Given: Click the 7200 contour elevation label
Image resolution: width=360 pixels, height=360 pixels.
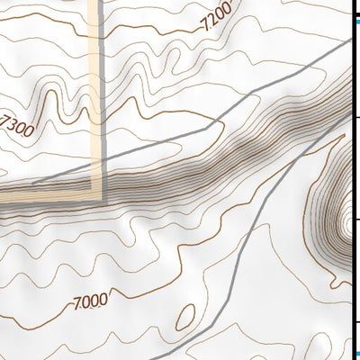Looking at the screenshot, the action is coord(217,17).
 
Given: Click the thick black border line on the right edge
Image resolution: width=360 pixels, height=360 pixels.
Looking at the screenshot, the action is coord(351,180).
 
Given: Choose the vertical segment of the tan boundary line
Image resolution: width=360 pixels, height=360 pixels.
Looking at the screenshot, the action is coord(97,90).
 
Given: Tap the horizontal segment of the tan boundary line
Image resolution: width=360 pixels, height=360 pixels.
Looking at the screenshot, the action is coord(45,194).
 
